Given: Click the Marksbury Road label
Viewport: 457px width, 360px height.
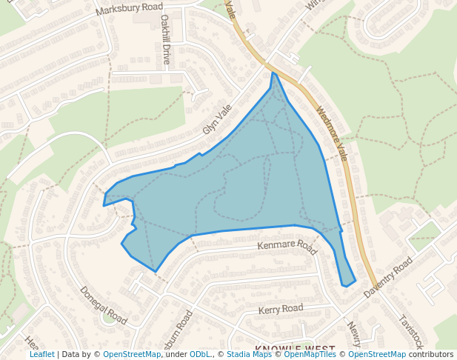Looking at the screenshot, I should [130, 10].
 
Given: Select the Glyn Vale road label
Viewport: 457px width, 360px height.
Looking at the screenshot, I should [217, 119].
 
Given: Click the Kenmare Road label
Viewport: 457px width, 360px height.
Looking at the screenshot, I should [287, 244].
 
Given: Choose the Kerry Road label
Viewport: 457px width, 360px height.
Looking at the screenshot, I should [280, 308].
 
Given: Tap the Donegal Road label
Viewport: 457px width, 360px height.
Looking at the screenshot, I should [104, 306].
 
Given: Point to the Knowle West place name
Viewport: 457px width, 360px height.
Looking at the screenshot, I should [295, 348].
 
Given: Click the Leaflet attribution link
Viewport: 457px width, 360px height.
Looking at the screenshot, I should [41, 355].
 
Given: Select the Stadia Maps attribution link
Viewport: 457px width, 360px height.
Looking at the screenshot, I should [249, 355].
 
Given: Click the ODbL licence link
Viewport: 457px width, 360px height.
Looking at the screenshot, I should [201, 355].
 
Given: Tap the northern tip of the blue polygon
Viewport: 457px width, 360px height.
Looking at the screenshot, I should [273, 73].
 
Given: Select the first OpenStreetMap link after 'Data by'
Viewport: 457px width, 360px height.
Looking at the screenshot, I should [132, 355].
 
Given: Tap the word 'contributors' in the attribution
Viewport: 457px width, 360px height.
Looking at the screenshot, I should [430, 355].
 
